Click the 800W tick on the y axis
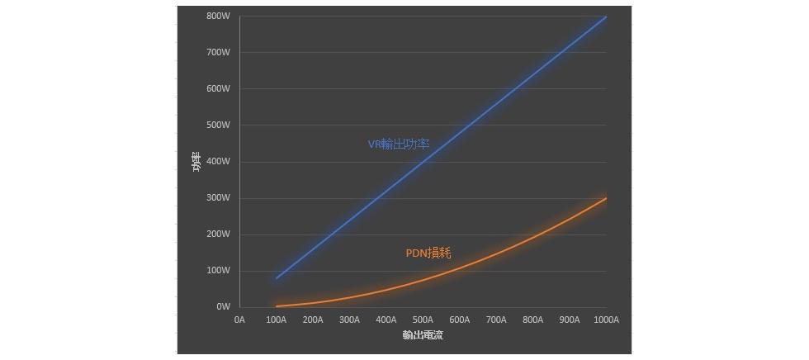click(x=218, y=16)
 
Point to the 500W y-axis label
click(x=218, y=125)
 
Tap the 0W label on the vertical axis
click(x=223, y=306)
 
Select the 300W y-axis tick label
click(x=218, y=197)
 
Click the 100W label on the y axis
click(x=218, y=270)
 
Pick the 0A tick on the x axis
click(x=239, y=320)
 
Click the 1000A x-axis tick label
click(x=606, y=320)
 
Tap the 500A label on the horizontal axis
click(x=423, y=320)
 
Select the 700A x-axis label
click(x=496, y=320)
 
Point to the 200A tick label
click(x=313, y=320)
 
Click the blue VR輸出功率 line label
click(x=399, y=144)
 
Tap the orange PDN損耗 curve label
click(x=428, y=253)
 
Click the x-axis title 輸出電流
click(x=423, y=335)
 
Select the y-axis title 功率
click(x=196, y=162)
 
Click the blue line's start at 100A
click(x=277, y=277)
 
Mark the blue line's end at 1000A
click(x=606, y=17)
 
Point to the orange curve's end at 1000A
click(x=606, y=198)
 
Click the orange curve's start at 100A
click(x=277, y=306)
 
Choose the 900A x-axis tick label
click(x=570, y=320)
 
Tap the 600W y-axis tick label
click(x=218, y=88)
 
